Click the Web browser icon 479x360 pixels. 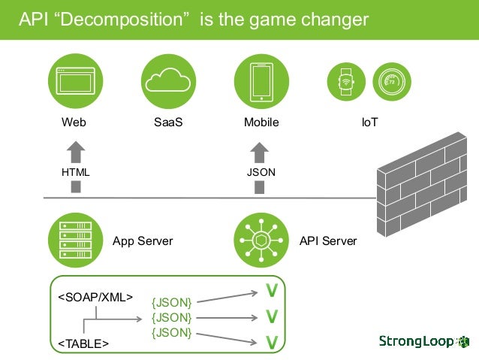coord(74,79)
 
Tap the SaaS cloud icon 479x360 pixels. coord(168,79)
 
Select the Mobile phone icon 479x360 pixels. coord(261,79)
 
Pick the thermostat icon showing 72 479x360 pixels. coord(390,80)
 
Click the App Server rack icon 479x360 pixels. coord(74,241)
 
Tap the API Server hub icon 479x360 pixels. coord(261,241)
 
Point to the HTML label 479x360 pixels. coord(75,172)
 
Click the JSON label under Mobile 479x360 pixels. coord(261,172)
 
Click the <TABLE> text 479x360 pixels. coord(83,343)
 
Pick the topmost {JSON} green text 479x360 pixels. coord(172,302)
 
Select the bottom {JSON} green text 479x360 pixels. coord(172,332)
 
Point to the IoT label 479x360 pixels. coord(369,123)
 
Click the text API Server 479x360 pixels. coord(328,241)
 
